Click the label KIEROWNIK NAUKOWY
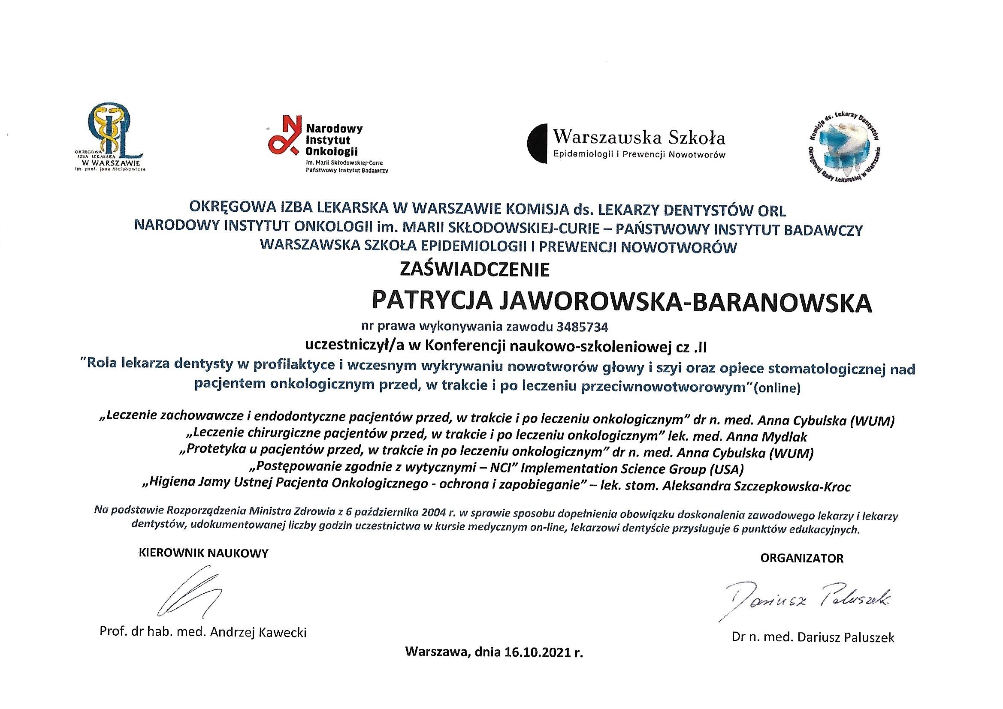(204, 553)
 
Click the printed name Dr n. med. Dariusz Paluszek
(813, 638)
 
